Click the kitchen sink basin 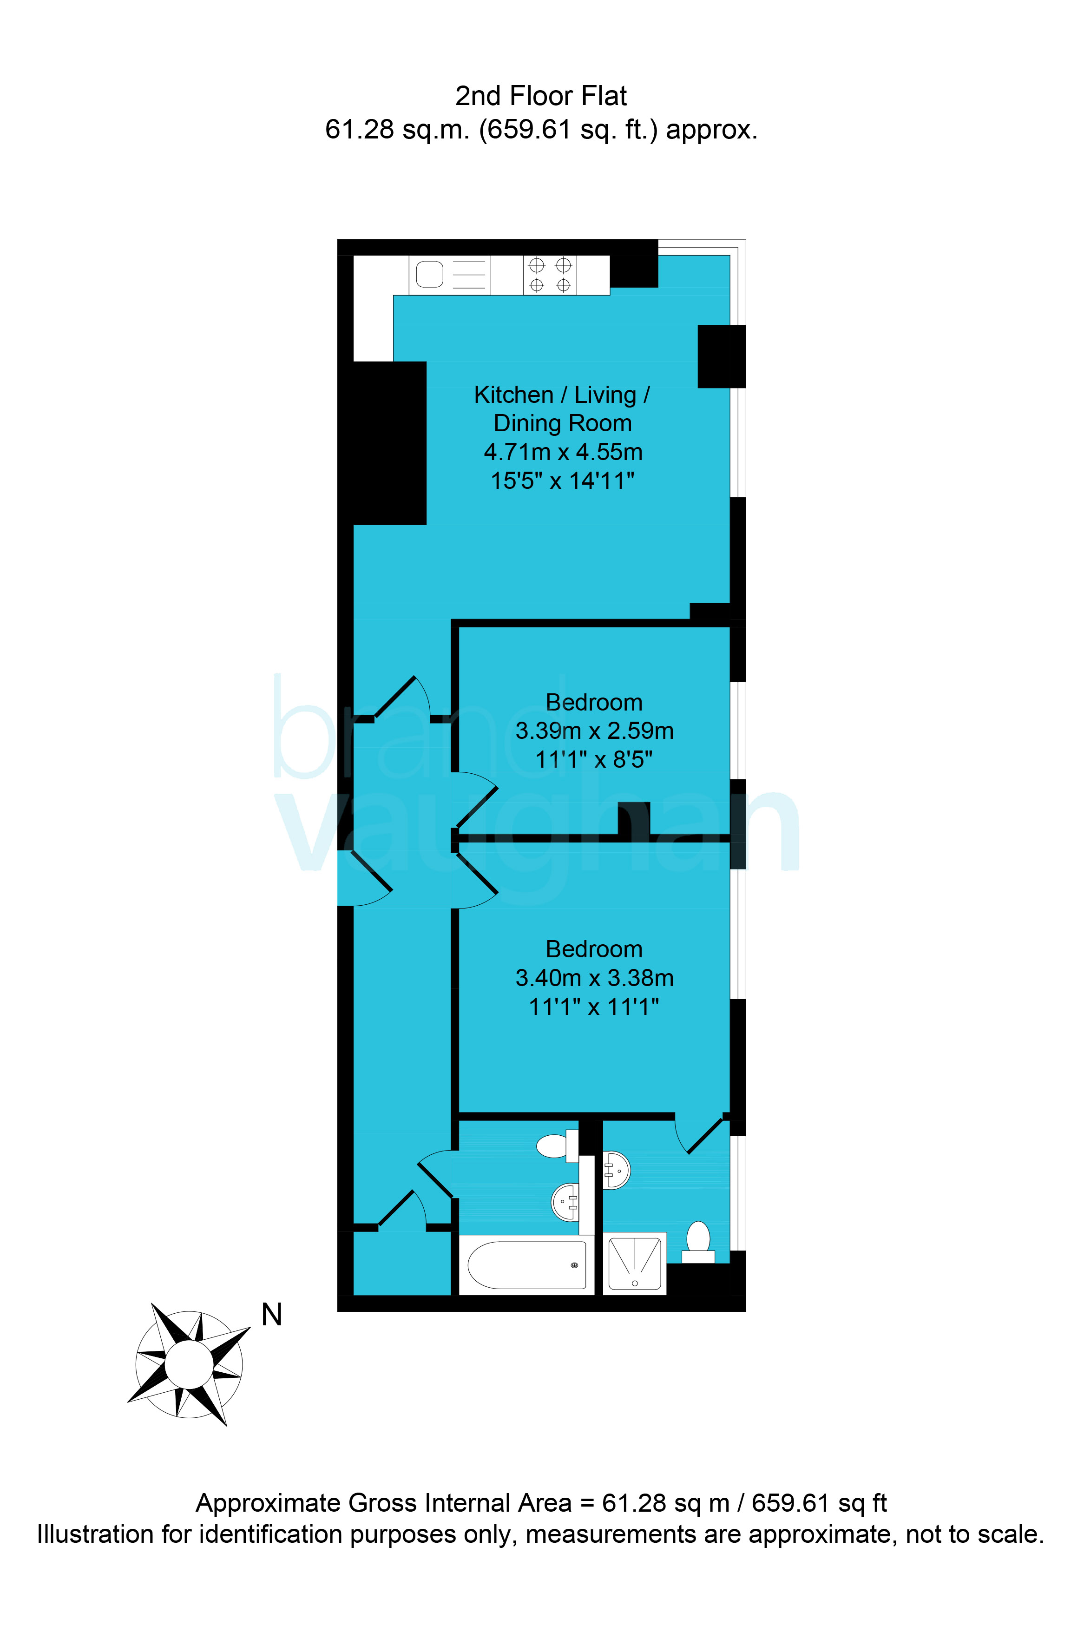[429, 275]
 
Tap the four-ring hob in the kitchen [550, 275]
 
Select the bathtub [527, 1265]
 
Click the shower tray [635, 1263]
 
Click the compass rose [189, 1364]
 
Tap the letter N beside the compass [272, 1314]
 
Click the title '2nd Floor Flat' [541, 96]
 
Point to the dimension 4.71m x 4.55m [563, 452]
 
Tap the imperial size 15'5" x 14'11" [563, 481]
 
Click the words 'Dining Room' [563, 423]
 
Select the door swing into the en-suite [700, 1134]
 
